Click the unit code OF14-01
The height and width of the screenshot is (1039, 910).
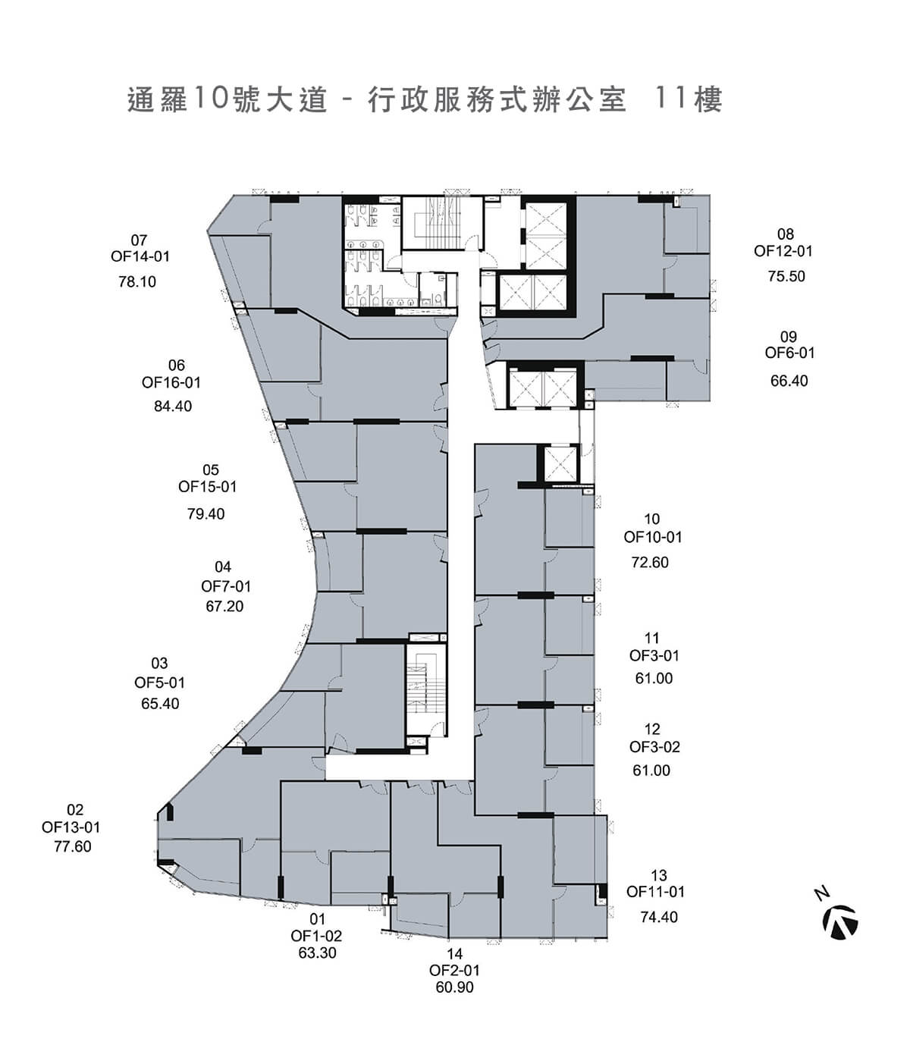[x=140, y=256]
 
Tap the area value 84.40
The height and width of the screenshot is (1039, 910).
[x=173, y=406]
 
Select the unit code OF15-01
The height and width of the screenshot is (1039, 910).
[x=208, y=487]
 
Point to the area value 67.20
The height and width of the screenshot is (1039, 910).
[x=224, y=607]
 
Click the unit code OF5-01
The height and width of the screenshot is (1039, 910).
[x=159, y=683]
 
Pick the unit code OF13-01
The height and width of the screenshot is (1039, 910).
[x=71, y=827]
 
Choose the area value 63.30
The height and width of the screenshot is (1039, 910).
[x=317, y=953]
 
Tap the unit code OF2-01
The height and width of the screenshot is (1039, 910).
[x=454, y=970]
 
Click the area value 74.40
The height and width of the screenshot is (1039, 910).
[x=659, y=918]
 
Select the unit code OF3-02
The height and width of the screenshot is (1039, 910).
[x=654, y=747]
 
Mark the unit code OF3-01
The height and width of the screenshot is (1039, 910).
[x=654, y=655]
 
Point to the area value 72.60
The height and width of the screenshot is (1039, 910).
[x=650, y=563]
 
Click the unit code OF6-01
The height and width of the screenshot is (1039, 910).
[x=789, y=353]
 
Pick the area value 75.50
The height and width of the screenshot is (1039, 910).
[x=786, y=277]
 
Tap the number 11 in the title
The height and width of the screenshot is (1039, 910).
[x=670, y=99]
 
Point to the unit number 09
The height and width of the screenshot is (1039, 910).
[x=789, y=337]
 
